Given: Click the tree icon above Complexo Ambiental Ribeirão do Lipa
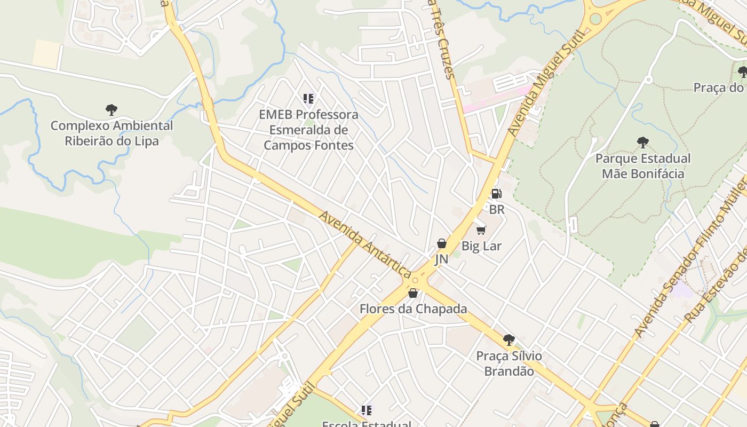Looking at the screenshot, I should coord(112,110).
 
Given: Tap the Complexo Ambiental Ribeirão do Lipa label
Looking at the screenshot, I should coord(112,133).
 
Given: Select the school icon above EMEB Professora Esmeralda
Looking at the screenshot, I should coord(308,98).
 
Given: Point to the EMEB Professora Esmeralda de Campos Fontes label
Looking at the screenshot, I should coord(308,130).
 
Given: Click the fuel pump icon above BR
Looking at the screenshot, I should coord(496,194).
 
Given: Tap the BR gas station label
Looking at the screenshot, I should coord(497,209).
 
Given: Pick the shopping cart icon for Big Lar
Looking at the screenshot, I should coord(481,230).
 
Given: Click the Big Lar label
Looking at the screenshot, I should coord(481,246).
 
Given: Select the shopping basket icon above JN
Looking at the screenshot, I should coord(442,243).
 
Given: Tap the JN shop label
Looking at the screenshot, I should coord(441,259).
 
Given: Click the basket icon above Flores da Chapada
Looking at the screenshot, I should coord(413,293).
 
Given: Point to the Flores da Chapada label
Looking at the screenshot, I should coord(413,309).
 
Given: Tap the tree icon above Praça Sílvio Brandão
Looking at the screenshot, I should coord(508,339).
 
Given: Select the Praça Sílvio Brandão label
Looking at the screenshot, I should coord(508,363).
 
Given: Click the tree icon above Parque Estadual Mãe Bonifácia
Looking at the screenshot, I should coord(643,143).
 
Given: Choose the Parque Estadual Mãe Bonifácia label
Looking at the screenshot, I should coord(643,166).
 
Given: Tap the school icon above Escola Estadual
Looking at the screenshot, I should coord(366,410).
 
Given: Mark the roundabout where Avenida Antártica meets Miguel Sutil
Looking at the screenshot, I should coord(415,280).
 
